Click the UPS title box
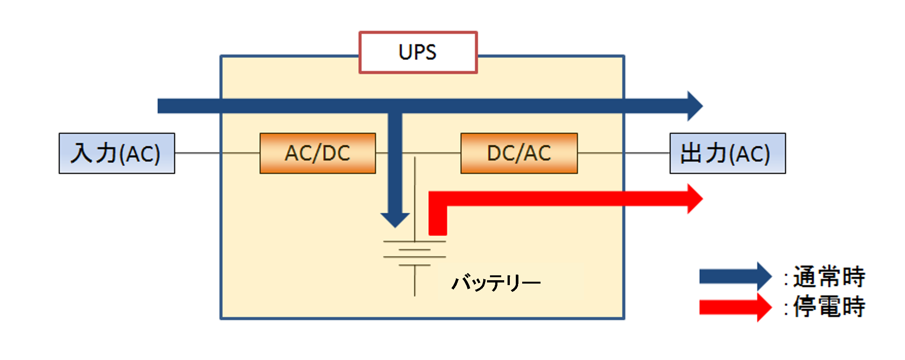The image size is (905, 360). point(418,52)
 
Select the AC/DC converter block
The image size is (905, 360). point(318,153)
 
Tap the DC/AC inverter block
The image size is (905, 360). point(519,153)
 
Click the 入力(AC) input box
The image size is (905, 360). point(117,153)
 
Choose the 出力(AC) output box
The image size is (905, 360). point(727,153)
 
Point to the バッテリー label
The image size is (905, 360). point(496,282)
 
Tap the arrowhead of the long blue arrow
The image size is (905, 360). point(694,106)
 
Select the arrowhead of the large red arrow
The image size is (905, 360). point(694,199)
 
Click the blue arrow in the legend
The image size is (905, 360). point(734,277)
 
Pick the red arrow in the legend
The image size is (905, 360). point(734,307)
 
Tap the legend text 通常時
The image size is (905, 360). point(829,277)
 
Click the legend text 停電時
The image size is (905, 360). point(829,306)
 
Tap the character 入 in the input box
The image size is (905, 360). point(81,153)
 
